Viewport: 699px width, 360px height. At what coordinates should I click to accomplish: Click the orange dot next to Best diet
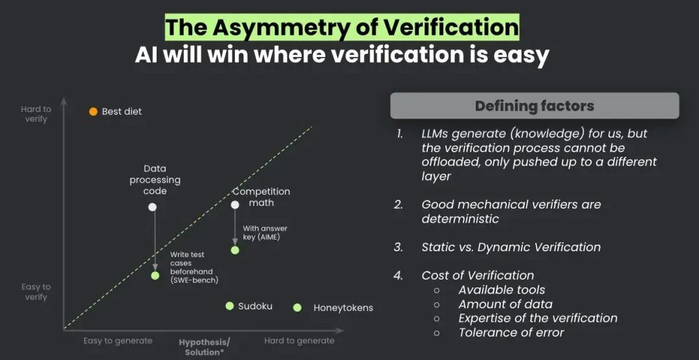pyautogui.click(x=93, y=111)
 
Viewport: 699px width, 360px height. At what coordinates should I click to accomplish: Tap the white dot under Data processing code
pyautogui.click(x=153, y=207)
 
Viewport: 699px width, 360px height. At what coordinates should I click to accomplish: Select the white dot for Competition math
pyautogui.click(x=235, y=205)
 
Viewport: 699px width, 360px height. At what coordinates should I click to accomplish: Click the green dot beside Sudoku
pyautogui.click(x=230, y=306)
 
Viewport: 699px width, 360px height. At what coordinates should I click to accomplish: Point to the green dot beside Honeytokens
pyautogui.click(x=297, y=308)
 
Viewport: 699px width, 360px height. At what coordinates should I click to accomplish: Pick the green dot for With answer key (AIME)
pyautogui.click(x=235, y=251)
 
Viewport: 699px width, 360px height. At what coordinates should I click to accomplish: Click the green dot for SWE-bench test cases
pyautogui.click(x=155, y=276)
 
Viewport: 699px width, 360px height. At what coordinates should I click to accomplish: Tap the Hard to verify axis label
pyautogui.click(x=36, y=114)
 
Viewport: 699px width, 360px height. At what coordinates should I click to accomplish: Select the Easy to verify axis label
pyautogui.click(x=36, y=292)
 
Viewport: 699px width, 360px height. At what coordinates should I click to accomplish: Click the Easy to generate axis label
pyautogui.click(x=118, y=341)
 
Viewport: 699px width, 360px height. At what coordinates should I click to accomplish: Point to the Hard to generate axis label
pyautogui.click(x=299, y=341)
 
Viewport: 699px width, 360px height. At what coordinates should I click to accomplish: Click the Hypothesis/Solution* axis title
pyautogui.click(x=205, y=346)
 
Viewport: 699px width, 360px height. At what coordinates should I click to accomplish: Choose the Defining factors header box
pyautogui.click(x=535, y=106)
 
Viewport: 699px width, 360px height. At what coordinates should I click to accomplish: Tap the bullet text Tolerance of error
pyautogui.click(x=511, y=332)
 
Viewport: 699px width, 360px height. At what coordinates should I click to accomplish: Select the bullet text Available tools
pyautogui.click(x=502, y=290)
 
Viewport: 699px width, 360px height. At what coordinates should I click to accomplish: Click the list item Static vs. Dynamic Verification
pyautogui.click(x=511, y=247)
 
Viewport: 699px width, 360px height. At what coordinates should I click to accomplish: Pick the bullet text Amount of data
pyautogui.click(x=505, y=304)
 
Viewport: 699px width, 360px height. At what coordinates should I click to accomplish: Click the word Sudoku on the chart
pyautogui.click(x=255, y=306)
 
